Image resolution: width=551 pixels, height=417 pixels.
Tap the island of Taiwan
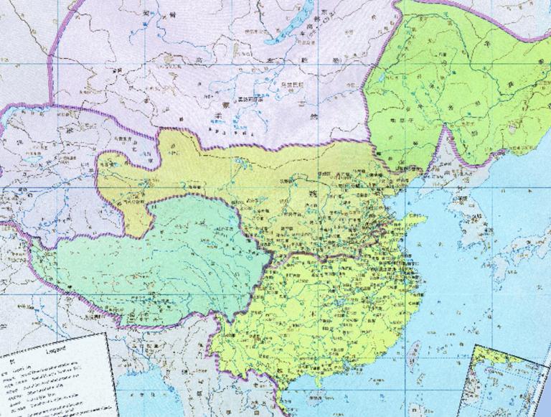(414, 351)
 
